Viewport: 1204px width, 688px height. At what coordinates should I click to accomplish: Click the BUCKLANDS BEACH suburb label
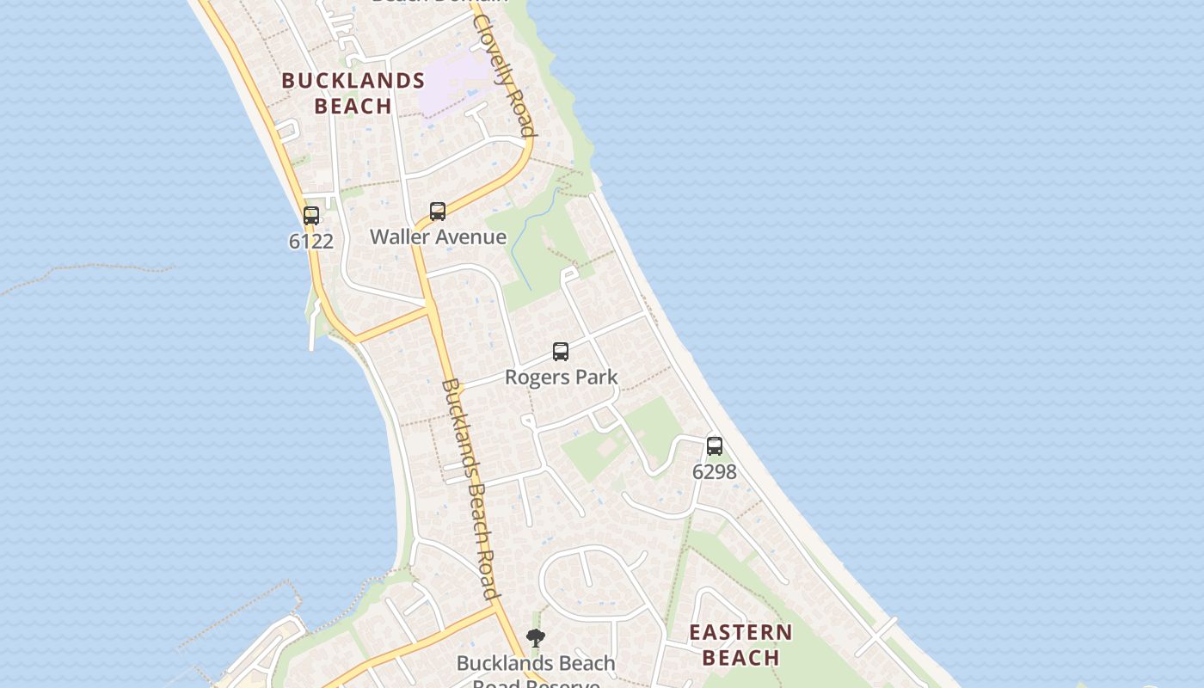(353, 93)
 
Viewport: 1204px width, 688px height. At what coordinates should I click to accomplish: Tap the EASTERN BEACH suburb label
(740, 645)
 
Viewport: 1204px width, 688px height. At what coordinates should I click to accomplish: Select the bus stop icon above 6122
(311, 216)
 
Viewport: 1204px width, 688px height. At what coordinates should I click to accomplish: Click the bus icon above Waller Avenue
(438, 212)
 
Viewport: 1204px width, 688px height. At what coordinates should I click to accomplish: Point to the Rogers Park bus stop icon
(561, 352)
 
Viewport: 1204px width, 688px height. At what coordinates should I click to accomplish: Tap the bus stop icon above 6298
(715, 446)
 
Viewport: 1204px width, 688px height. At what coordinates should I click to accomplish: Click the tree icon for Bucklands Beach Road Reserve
(536, 638)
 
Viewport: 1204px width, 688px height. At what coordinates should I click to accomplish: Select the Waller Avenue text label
(438, 236)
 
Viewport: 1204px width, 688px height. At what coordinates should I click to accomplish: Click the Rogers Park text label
(561, 377)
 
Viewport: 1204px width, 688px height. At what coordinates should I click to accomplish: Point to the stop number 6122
(311, 241)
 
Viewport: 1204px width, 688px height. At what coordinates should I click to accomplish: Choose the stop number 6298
(715, 471)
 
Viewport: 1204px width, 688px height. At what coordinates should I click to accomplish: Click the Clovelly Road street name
(505, 76)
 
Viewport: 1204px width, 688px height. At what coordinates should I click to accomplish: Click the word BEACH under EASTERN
(740, 658)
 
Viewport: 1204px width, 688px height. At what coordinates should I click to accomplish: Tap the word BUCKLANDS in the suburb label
(353, 81)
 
